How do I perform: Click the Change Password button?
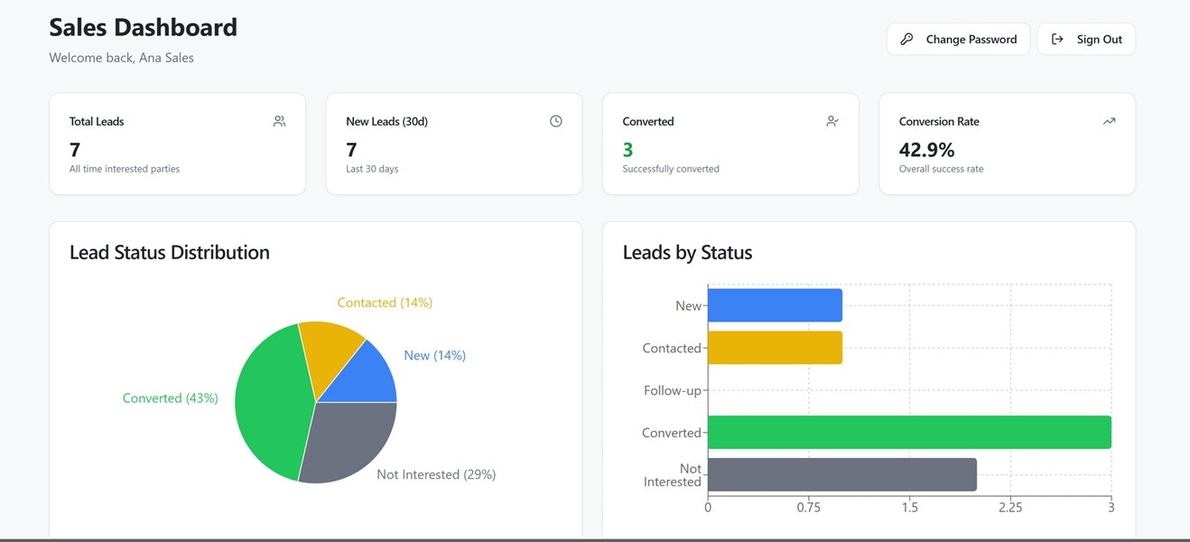coord(958,40)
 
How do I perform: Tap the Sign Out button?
coord(1086,40)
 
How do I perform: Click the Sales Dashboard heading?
coord(143,27)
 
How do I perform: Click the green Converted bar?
coord(909,433)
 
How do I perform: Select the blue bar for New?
coord(775,305)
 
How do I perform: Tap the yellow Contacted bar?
coord(775,348)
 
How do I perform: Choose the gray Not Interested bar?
coord(841,474)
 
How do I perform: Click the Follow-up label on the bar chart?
coord(673,390)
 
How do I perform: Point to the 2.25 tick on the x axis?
coord(1010,508)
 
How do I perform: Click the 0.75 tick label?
coord(808,508)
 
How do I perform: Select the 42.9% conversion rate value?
coord(926,150)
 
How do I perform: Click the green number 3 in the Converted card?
coord(628,150)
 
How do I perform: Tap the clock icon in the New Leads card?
coord(556,121)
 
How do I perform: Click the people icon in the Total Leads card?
coord(279,121)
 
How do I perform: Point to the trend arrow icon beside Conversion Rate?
coord(1109,121)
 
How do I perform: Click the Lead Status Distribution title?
coord(170,252)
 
